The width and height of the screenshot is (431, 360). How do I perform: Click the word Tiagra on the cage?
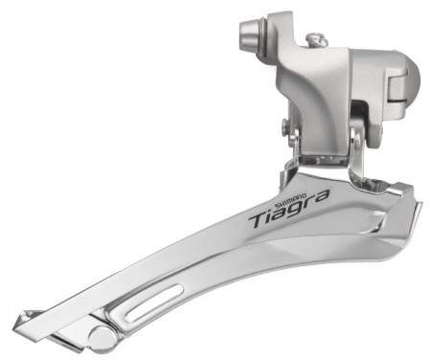288,211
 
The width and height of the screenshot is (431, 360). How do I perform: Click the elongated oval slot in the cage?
154,304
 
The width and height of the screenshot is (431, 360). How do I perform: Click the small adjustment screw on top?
315,40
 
